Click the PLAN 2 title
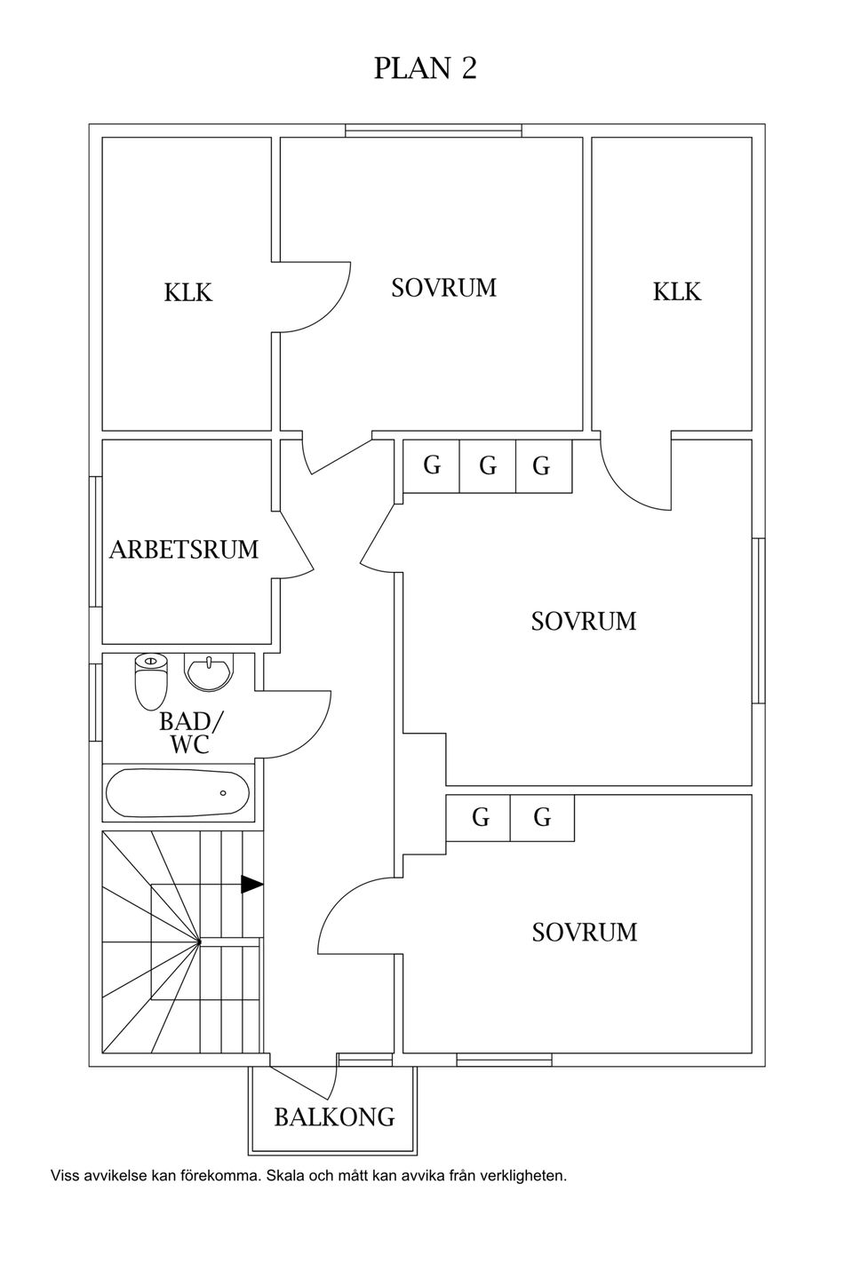pos(425,68)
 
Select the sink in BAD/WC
pos(209,671)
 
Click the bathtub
pos(178,793)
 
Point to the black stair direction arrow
pos(252,884)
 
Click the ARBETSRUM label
pos(184,549)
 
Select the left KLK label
pos(188,292)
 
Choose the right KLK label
pos(677,291)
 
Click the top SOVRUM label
pos(444,287)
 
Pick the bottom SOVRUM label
pos(585,932)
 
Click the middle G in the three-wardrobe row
pos(487,466)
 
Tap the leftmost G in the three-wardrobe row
pos(432,465)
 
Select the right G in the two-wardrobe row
pos(542,818)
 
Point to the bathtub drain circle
pos(223,793)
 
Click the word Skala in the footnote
pos(286,1188)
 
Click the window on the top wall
pos(434,131)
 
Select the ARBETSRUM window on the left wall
pos(95,541)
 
